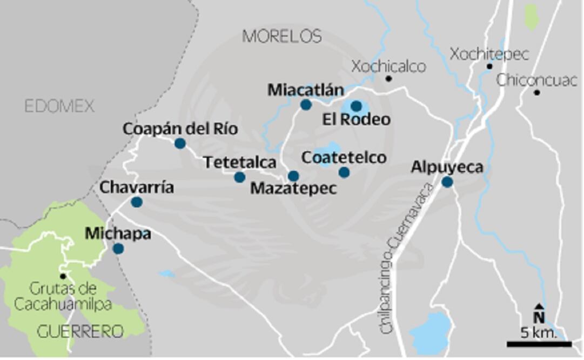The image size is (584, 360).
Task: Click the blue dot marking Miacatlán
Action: (x=306, y=105)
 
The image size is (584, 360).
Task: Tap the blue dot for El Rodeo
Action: (x=356, y=106)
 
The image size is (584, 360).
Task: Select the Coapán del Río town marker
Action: (x=180, y=143)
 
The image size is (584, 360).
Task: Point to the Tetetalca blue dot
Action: (x=239, y=177)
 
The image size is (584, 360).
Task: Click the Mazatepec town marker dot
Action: (x=293, y=176)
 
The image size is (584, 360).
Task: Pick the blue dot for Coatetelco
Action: (x=344, y=172)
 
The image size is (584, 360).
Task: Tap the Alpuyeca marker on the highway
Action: (x=447, y=182)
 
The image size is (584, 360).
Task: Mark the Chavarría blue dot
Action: (x=137, y=202)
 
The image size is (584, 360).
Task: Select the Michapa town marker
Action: (x=118, y=249)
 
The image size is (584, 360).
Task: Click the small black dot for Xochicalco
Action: (x=388, y=79)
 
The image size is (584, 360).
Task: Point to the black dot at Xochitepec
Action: (x=489, y=66)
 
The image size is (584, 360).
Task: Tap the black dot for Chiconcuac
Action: (x=536, y=92)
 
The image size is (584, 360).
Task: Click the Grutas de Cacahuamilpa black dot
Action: (x=63, y=276)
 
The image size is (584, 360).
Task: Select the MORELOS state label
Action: (x=282, y=36)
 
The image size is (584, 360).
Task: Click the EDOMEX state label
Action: (x=59, y=106)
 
